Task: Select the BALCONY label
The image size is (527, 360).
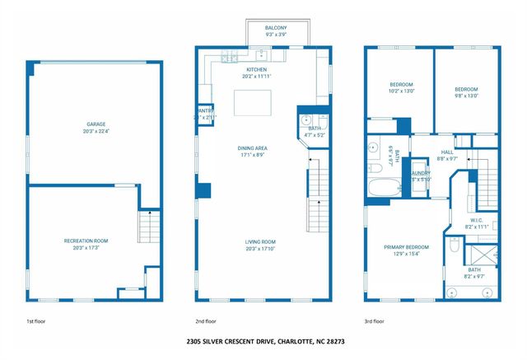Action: click(264, 28)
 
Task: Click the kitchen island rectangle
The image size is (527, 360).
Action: click(252, 103)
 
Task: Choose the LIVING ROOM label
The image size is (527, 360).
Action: click(259, 241)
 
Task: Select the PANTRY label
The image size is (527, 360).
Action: click(205, 111)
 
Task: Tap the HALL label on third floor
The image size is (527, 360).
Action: click(447, 152)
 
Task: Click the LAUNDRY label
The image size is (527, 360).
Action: click(420, 173)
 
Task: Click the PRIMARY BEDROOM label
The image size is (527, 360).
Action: click(406, 246)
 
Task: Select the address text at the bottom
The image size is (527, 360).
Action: click(263, 340)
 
